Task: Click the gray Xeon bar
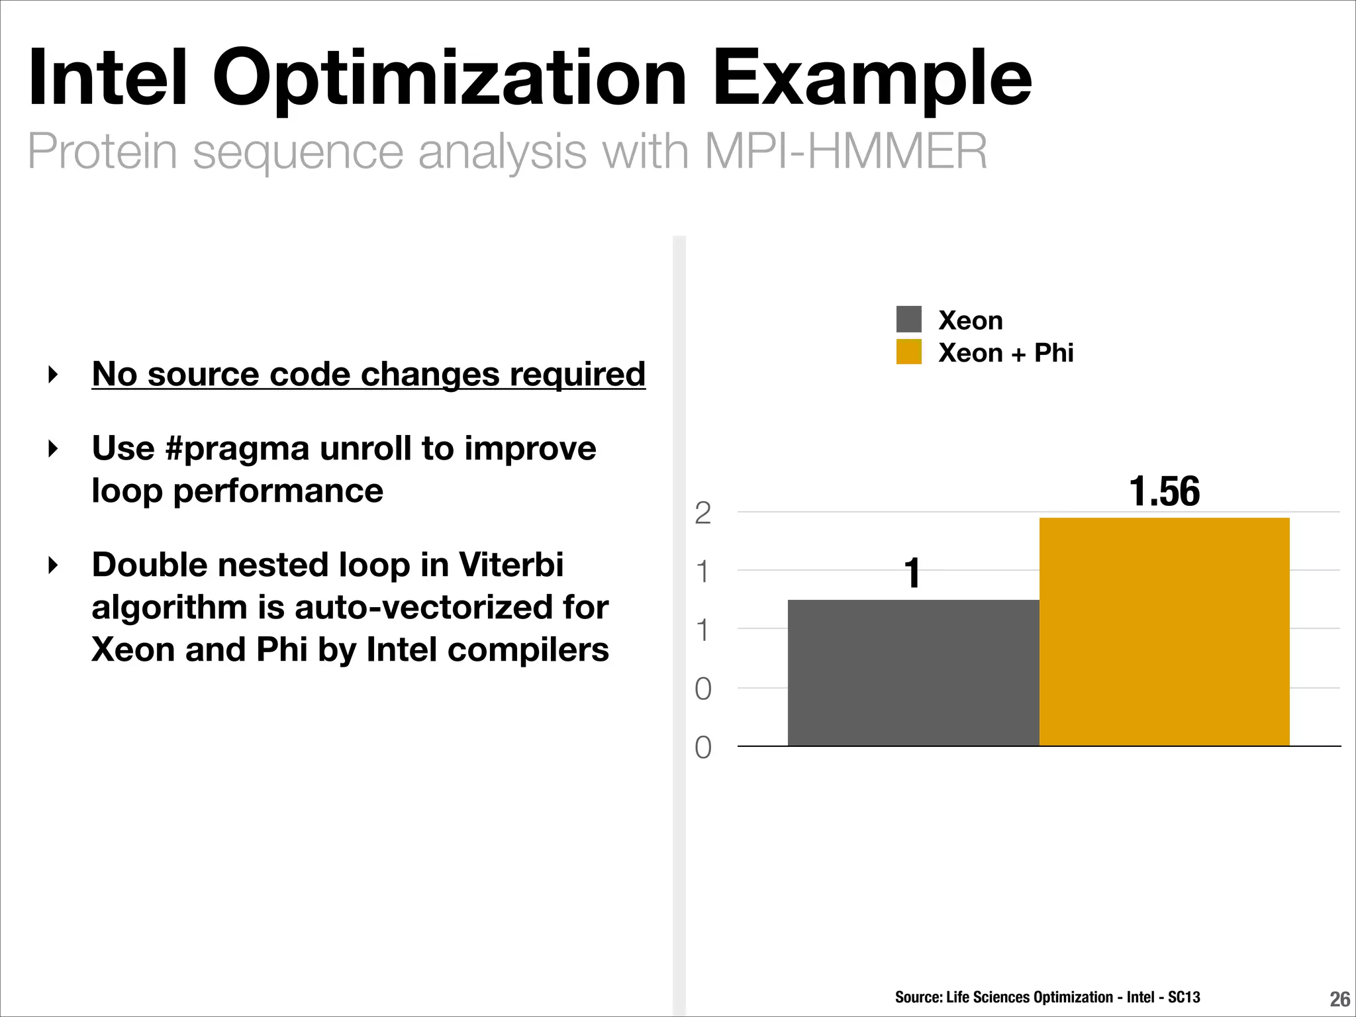click(x=913, y=673)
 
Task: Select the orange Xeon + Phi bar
click(x=1164, y=632)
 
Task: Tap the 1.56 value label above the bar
click(x=1164, y=491)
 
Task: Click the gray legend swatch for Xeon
click(x=908, y=319)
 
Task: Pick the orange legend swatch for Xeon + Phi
click(x=908, y=352)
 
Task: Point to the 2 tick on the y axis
click(x=702, y=513)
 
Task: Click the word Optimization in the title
click(x=450, y=79)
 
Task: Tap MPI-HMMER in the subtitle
click(x=846, y=152)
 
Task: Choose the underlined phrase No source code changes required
click(x=368, y=374)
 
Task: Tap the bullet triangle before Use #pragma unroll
click(x=54, y=449)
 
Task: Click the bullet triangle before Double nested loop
click(x=54, y=565)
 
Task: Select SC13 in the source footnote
click(x=1184, y=997)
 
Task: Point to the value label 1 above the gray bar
click(x=913, y=573)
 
